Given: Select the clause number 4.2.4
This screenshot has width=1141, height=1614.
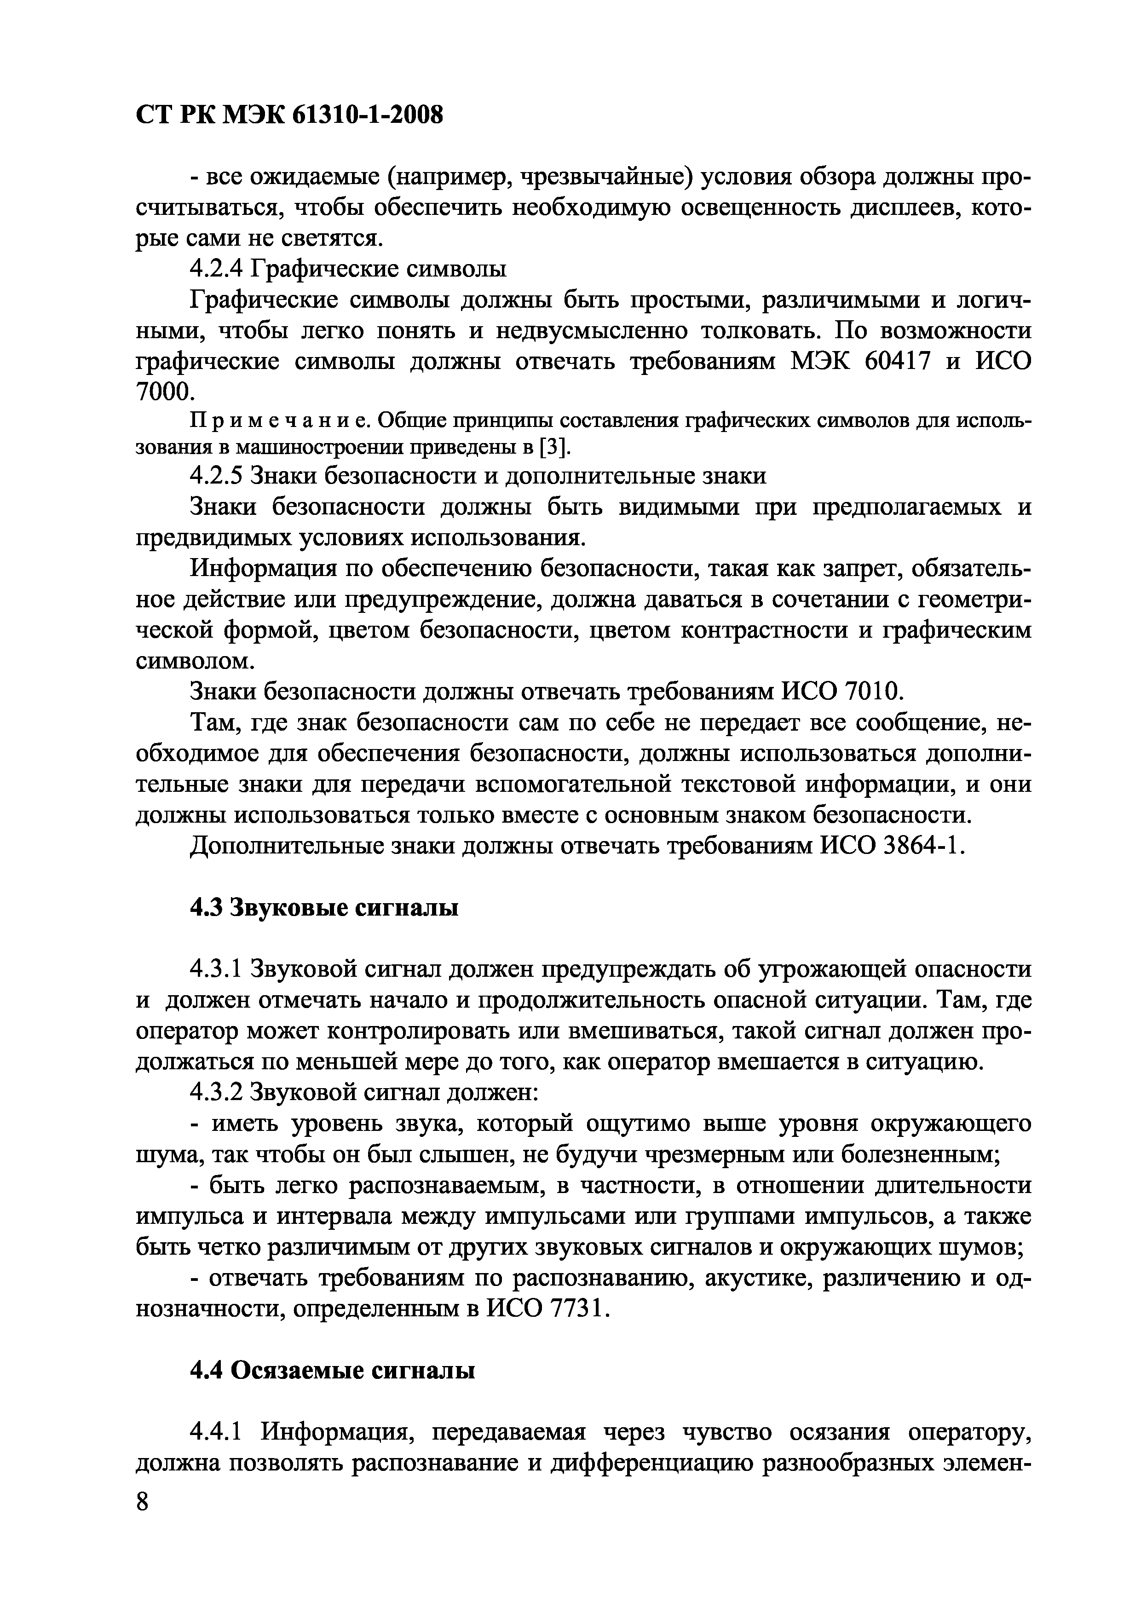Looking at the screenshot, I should (217, 269).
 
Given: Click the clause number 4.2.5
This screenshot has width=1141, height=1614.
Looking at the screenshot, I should (217, 476).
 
